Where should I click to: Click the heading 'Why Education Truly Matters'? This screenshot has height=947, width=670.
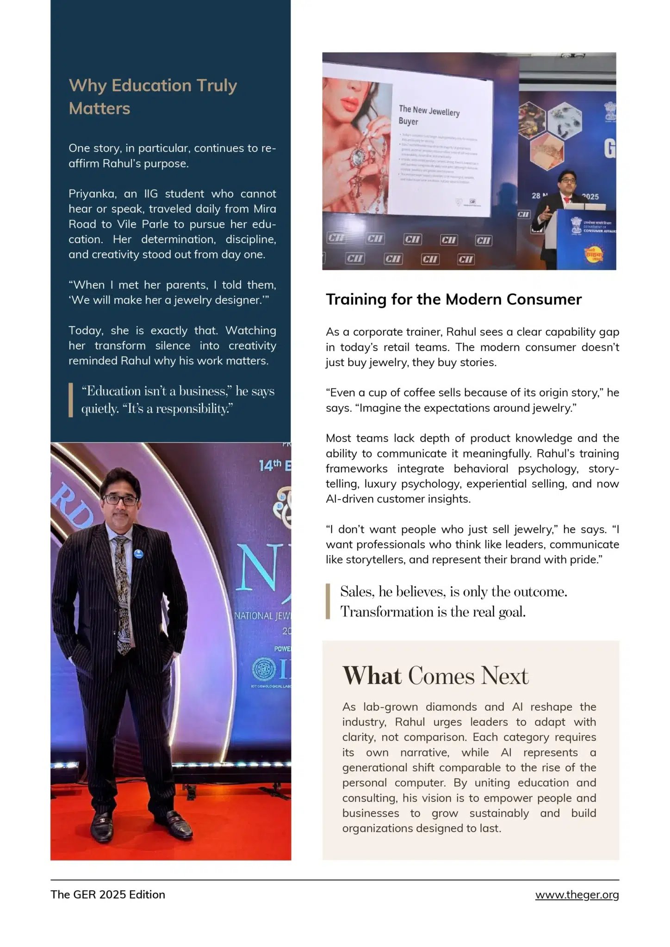(153, 97)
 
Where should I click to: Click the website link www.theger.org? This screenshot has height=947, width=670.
(577, 894)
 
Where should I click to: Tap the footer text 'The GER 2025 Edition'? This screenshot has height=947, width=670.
(108, 894)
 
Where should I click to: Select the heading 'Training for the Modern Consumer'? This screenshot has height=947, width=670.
(453, 299)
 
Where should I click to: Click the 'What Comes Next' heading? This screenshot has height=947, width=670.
(435, 676)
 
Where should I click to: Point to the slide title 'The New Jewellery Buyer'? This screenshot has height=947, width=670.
(428, 115)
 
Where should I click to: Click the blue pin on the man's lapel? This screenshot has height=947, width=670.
(138, 553)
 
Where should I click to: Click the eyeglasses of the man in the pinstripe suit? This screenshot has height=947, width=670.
(121, 499)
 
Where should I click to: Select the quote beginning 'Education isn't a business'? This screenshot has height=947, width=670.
(178, 400)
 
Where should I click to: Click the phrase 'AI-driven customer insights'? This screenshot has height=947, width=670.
(398, 498)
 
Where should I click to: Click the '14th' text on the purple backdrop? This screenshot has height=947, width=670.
(270, 465)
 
